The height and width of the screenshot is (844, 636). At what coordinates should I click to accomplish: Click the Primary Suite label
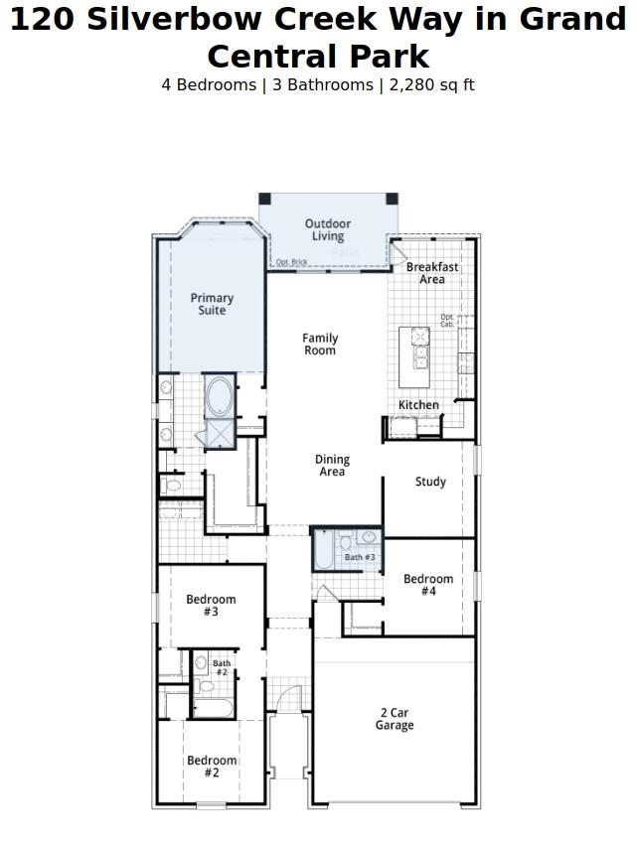[212, 304]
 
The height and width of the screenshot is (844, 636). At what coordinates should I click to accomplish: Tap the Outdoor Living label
[328, 230]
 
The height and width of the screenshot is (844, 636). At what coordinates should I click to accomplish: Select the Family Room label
[320, 345]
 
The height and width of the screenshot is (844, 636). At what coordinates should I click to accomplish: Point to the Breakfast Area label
[432, 273]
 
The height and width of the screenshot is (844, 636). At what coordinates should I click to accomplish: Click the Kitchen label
[418, 405]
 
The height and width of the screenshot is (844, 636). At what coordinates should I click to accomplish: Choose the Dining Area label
[332, 466]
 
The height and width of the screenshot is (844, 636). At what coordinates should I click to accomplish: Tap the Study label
[430, 482]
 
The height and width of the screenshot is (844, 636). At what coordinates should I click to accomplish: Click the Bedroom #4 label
[428, 585]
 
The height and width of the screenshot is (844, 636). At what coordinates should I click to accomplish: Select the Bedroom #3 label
[211, 606]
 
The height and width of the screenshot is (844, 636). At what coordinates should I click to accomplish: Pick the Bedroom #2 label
[212, 767]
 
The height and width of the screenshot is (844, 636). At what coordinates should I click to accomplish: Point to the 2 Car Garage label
[395, 719]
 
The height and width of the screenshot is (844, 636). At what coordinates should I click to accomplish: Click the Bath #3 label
[360, 558]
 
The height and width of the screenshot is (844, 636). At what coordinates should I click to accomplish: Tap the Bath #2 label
[222, 668]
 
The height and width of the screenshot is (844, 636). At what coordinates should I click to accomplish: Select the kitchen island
[414, 356]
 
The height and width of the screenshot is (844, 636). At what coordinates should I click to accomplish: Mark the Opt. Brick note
[291, 262]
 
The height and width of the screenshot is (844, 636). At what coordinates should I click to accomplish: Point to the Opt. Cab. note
[447, 321]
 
